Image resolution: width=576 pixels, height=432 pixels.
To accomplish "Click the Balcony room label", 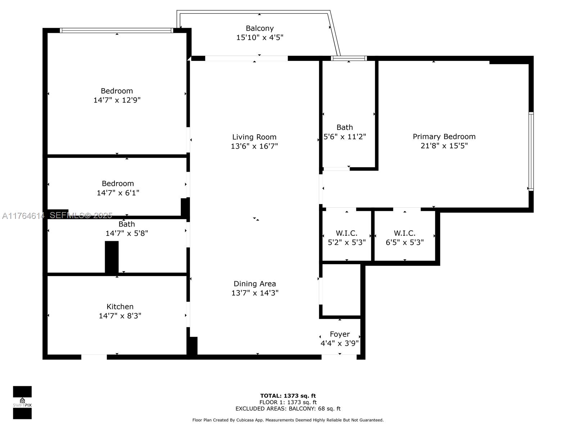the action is (x=260, y=28).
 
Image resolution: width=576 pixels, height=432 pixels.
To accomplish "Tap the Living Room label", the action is (x=254, y=137).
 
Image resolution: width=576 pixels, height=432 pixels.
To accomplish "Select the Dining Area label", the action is (x=255, y=284).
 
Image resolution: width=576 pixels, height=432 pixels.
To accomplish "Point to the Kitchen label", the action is (x=120, y=306).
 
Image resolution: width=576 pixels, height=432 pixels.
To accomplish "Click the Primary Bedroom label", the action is (x=444, y=136).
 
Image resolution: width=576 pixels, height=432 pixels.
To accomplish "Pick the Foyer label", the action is (x=339, y=334).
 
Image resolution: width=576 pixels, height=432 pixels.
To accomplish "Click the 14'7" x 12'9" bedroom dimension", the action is (x=117, y=100).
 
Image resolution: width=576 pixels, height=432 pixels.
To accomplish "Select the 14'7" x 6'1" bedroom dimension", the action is (x=118, y=193).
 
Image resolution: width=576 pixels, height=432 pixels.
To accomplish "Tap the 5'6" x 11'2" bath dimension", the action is (x=345, y=136).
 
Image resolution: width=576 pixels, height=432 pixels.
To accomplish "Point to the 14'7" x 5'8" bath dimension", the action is (x=126, y=233).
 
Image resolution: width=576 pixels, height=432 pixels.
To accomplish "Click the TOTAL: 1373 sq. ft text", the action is (x=288, y=396).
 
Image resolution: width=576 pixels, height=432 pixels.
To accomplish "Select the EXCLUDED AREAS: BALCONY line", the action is (x=288, y=408).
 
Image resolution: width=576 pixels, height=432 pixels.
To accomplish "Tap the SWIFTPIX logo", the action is (x=22, y=402).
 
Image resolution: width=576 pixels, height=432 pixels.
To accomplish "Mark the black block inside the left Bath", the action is (x=112, y=257).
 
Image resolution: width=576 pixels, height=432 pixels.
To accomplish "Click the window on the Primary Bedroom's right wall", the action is (x=531, y=151).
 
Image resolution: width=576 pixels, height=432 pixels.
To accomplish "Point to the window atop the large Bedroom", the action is (x=117, y=31).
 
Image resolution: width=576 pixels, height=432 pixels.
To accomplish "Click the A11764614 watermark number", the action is (x=23, y=216).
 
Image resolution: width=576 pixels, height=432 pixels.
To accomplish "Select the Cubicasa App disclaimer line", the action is (x=288, y=420).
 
